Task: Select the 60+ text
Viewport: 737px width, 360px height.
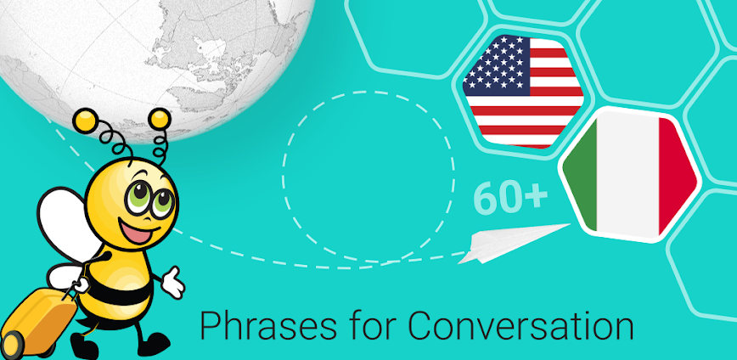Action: (509, 198)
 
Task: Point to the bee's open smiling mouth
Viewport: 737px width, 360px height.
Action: (133, 230)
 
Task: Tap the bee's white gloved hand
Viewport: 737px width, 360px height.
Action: (172, 282)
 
